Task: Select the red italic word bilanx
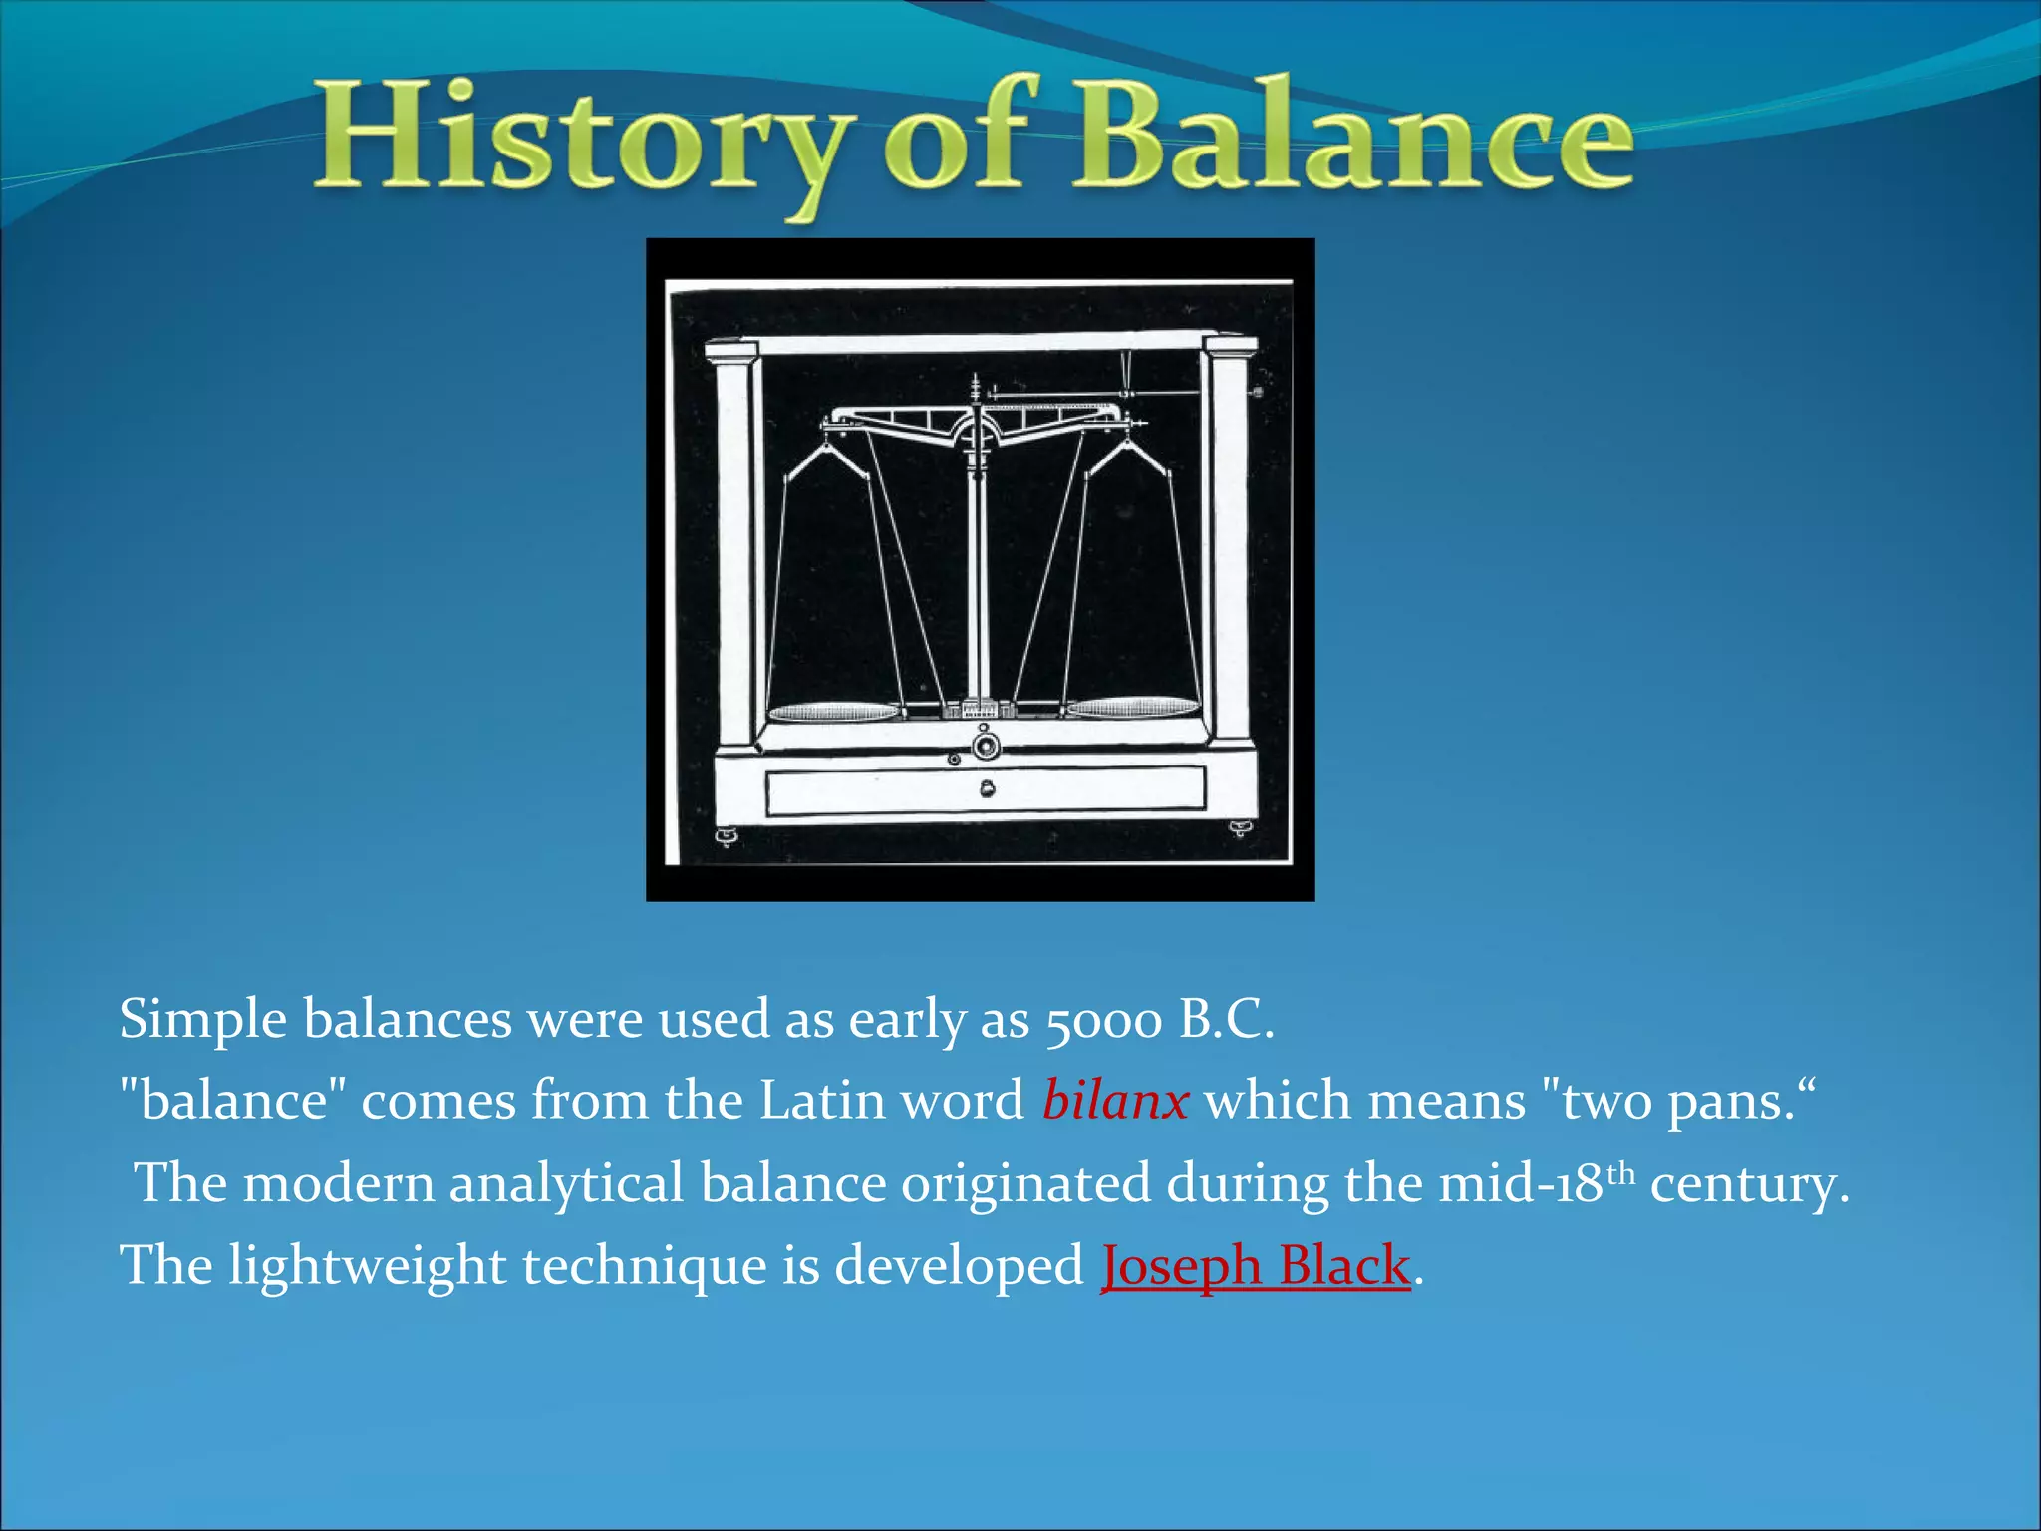click(1115, 1101)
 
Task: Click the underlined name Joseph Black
click(1256, 1266)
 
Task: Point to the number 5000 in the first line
click(1103, 1020)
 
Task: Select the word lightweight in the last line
click(368, 1266)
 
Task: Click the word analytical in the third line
click(566, 1184)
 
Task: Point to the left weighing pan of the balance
click(833, 711)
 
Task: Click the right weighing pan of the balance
click(1133, 708)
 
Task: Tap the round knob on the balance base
click(986, 745)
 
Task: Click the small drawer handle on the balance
click(987, 790)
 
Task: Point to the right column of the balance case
click(1231, 543)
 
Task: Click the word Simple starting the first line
click(203, 1020)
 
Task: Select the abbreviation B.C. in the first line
click(1226, 1020)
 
